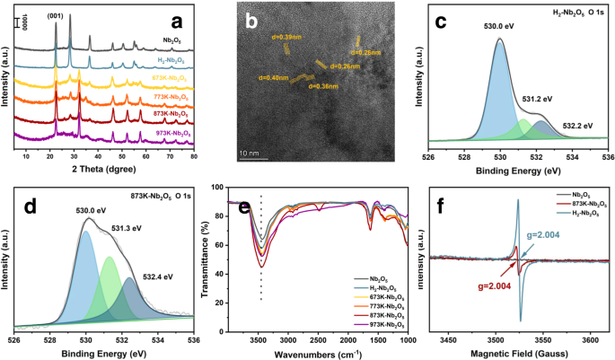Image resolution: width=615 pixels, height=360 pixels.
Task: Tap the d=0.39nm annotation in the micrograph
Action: [285, 38]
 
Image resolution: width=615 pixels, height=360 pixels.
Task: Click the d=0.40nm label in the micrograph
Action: [273, 78]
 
